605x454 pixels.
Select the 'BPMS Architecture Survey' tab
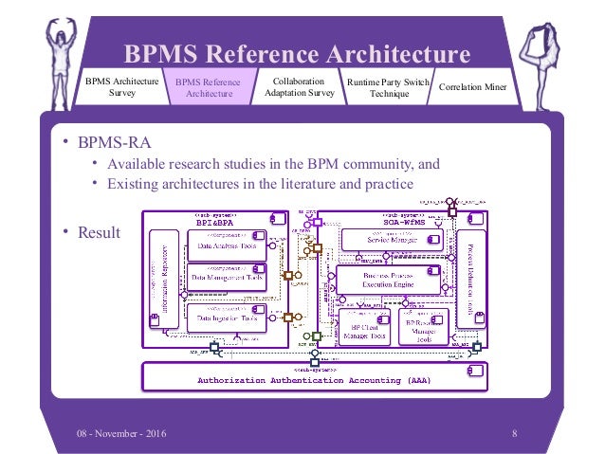(x=117, y=88)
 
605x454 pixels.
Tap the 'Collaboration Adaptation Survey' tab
(x=299, y=87)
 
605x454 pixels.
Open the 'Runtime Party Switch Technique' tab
(x=389, y=88)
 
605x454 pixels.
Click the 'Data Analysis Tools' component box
(x=225, y=245)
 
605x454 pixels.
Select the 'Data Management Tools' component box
(x=226, y=279)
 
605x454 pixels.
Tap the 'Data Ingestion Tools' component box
(x=225, y=319)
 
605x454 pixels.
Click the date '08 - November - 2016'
(x=121, y=433)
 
